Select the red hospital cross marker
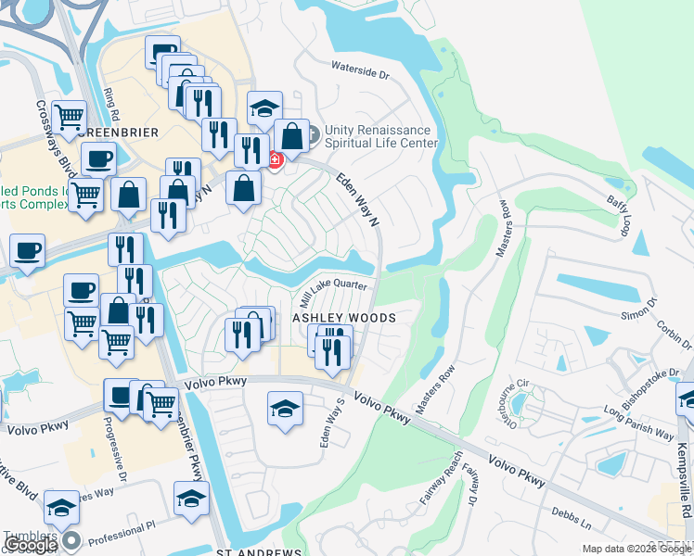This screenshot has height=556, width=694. point(275,160)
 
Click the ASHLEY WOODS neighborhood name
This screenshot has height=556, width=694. point(344,318)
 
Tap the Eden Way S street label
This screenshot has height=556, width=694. point(331,423)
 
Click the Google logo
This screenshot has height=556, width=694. point(31,545)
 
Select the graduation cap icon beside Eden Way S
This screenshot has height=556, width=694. point(285,409)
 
